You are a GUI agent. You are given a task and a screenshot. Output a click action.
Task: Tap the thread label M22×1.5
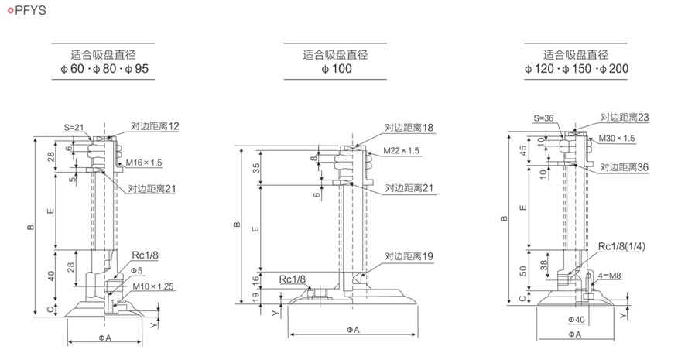click(x=401, y=151)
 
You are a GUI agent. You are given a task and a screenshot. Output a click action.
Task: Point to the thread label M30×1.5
click(x=617, y=138)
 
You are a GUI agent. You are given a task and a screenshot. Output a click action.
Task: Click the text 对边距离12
click(x=155, y=125)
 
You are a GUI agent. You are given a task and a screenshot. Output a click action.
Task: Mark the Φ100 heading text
click(x=336, y=70)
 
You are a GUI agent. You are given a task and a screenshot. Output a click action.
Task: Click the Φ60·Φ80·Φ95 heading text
click(x=103, y=70)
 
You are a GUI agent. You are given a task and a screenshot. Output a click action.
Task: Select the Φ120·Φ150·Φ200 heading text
click(x=577, y=70)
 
